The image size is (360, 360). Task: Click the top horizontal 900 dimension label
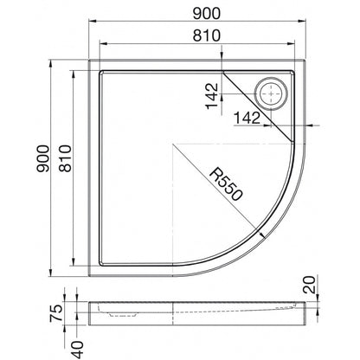tap(206, 14)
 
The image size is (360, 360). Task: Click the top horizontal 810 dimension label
tap(206, 35)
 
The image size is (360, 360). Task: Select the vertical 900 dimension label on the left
tap(43, 158)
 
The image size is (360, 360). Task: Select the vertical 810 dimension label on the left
tap(65, 158)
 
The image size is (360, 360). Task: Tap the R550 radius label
tap(226, 184)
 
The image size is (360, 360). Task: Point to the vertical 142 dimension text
tap(212, 96)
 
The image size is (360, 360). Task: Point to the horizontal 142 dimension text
tap(247, 118)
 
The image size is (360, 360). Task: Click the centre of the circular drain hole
tap(271, 93)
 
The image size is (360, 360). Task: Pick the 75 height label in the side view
tap(56, 313)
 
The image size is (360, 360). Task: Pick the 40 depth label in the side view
tap(77, 350)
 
